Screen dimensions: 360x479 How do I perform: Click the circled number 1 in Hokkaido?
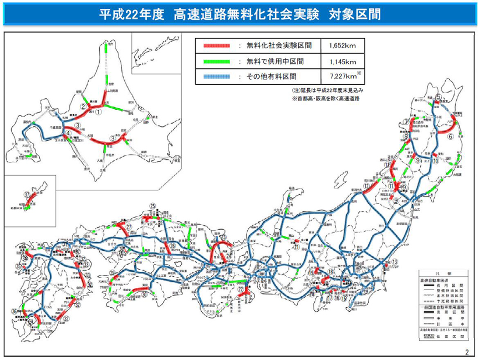click(x=98, y=111)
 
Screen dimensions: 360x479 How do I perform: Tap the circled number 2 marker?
click(x=83, y=107)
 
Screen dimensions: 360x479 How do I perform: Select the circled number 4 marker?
click(x=67, y=134)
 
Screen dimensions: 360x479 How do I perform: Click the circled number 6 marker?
click(x=450, y=136)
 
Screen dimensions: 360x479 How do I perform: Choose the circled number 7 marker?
click(x=406, y=121)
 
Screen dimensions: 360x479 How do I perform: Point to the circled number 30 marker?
click(x=144, y=296)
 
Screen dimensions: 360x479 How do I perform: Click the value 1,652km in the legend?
click(x=342, y=45)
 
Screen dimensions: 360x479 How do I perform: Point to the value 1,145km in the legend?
click(x=342, y=61)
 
